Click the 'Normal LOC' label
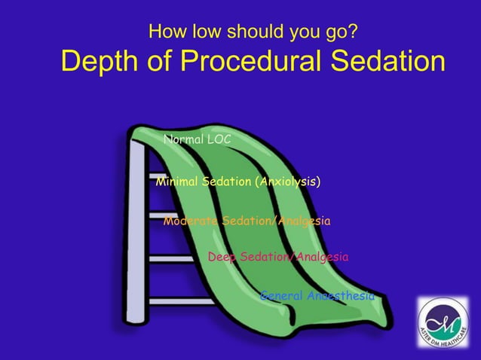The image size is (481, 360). pyautogui.click(x=197, y=139)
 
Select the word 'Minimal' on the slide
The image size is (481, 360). pyautogui.click(x=176, y=182)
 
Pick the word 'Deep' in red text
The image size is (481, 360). pyautogui.click(x=222, y=258)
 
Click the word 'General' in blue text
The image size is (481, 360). pyautogui.click(x=282, y=296)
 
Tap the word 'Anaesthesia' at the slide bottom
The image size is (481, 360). pyautogui.click(x=341, y=296)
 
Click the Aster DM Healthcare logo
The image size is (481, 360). pyautogui.click(x=443, y=322)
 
